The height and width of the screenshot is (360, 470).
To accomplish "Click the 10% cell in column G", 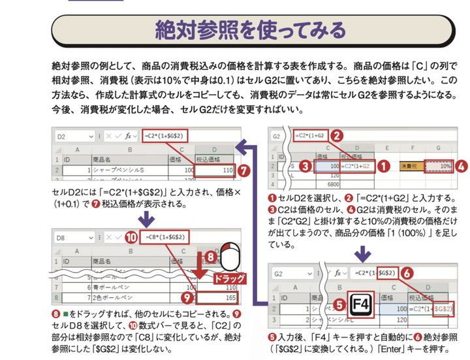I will click(437, 167).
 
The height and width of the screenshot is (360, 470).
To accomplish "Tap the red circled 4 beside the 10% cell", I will click(461, 167).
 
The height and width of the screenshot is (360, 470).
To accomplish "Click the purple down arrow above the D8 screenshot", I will click(142, 217).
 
